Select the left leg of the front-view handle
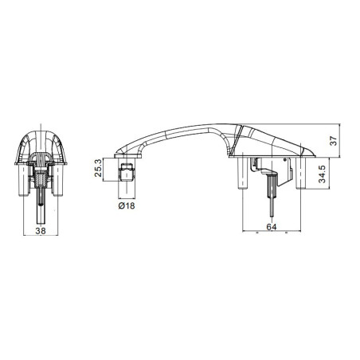[22, 179]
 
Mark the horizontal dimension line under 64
[271, 234]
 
